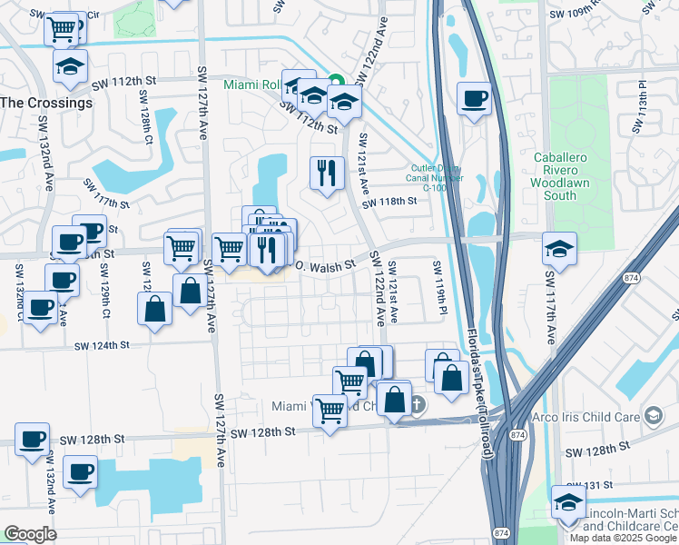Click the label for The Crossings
pyautogui.click(x=46, y=103)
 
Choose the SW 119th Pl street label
pyautogui.click(x=439, y=290)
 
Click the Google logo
pyautogui.click(x=30, y=534)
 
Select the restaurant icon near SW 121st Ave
pyautogui.click(x=326, y=171)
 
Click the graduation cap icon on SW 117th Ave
pyautogui.click(x=559, y=248)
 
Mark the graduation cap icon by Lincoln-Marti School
pyautogui.click(x=567, y=503)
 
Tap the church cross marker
pyautogui.click(x=417, y=403)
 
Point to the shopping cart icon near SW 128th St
pyautogui.click(x=329, y=410)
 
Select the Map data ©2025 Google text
pyautogui.click(x=623, y=537)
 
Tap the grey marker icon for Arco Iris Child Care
pyautogui.click(x=652, y=416)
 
